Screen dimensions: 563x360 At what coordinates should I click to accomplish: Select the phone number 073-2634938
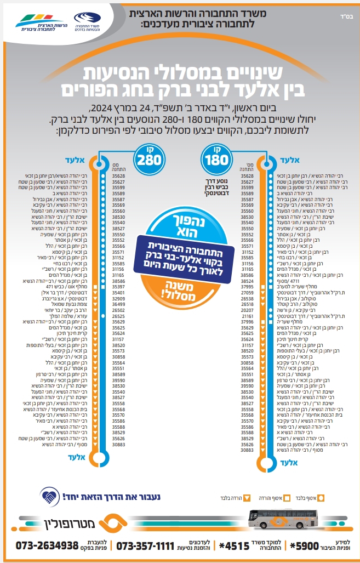(x=48, y=546)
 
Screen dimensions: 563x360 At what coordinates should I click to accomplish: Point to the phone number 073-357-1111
(x=145, y=547)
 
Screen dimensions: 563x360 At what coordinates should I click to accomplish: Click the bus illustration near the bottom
(x=282, y=517)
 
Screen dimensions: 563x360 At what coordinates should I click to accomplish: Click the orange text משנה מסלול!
(x=181, y=287)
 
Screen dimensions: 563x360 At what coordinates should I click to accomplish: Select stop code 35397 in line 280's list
(x=118, y=287)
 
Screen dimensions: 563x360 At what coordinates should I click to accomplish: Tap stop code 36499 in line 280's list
(x=118, y=304)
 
